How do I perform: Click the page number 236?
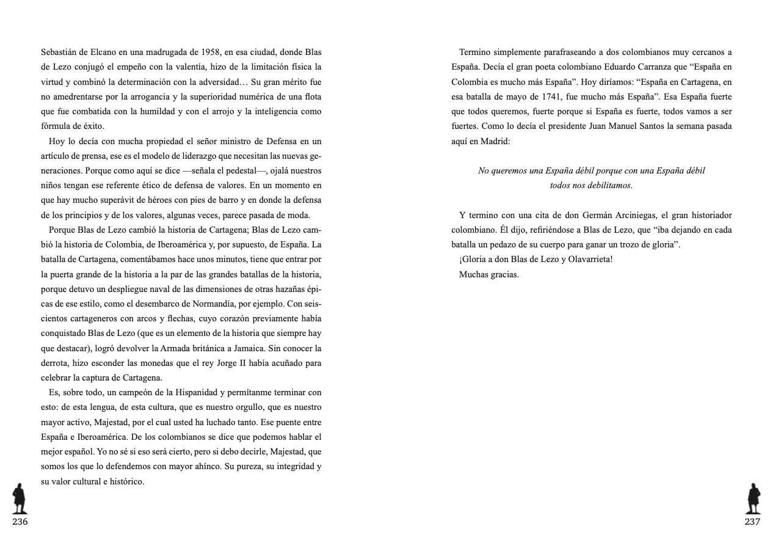20,522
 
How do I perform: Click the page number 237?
752,522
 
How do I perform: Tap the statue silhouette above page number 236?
20,499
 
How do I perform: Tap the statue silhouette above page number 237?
753,499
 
